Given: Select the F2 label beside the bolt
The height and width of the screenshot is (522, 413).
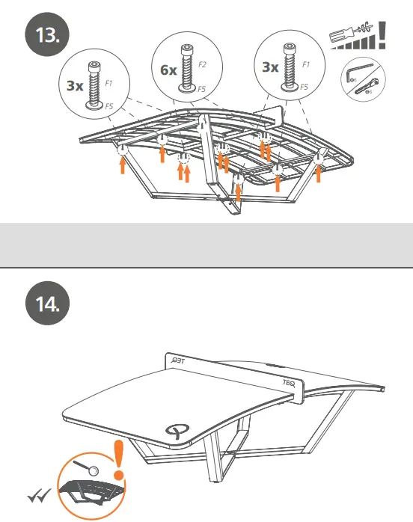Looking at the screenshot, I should coord(203,66).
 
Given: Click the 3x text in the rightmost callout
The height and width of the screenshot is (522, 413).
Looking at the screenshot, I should coord(271,67).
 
